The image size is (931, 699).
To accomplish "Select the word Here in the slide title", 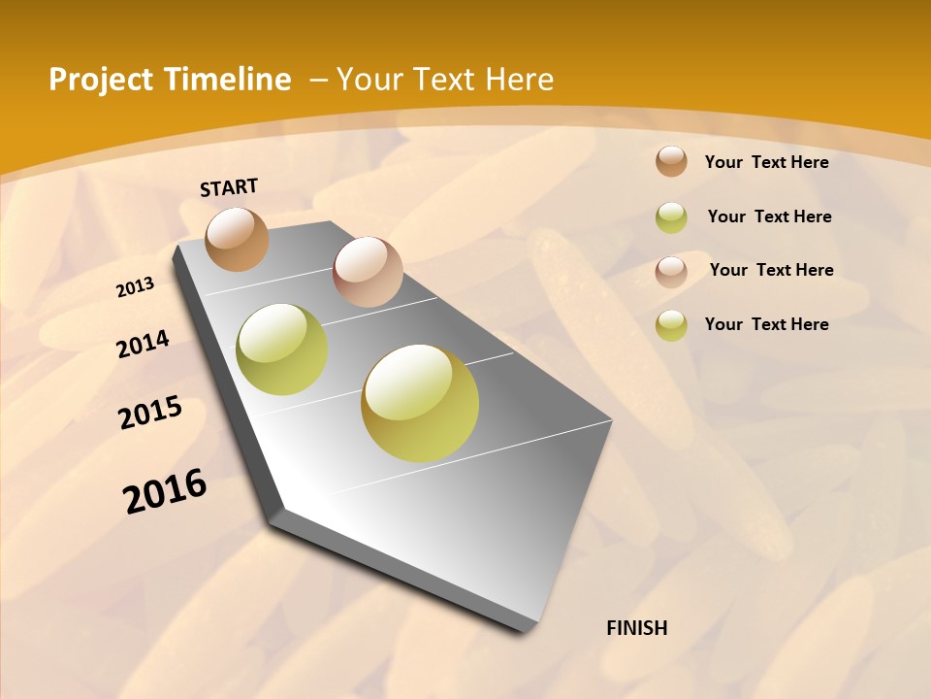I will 519,80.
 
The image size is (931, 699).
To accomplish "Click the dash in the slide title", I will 318,81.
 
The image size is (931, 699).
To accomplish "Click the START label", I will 229,187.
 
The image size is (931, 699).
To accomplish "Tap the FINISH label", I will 636,628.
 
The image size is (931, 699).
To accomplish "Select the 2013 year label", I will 135,287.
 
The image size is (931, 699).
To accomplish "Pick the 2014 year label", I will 143,345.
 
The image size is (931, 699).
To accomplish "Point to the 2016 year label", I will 165,491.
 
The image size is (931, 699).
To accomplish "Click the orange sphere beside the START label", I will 238,239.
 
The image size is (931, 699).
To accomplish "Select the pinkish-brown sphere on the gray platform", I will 368,272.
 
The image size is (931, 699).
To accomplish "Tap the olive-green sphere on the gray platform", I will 282,349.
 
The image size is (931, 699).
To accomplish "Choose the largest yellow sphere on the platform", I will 420,403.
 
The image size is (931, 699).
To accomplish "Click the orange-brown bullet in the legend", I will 671,161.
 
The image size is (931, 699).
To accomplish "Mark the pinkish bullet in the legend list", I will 671,271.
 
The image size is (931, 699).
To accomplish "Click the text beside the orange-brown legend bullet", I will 766,162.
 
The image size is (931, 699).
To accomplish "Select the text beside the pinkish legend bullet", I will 771,270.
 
